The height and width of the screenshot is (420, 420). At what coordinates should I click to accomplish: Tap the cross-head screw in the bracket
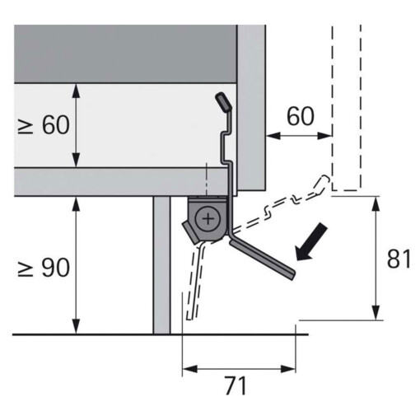pos(210,218)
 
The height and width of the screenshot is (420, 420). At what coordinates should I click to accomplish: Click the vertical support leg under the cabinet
pos(161,264)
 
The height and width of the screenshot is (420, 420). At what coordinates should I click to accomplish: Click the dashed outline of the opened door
pos(346,107)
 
